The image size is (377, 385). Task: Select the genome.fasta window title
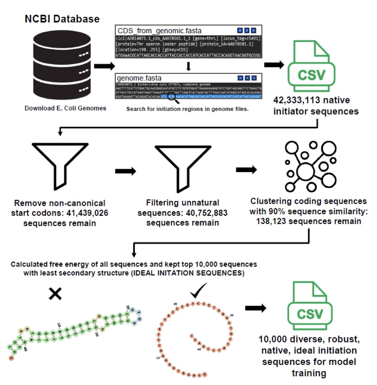click(139, 78)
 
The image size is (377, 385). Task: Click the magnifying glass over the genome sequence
click(172, 99)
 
